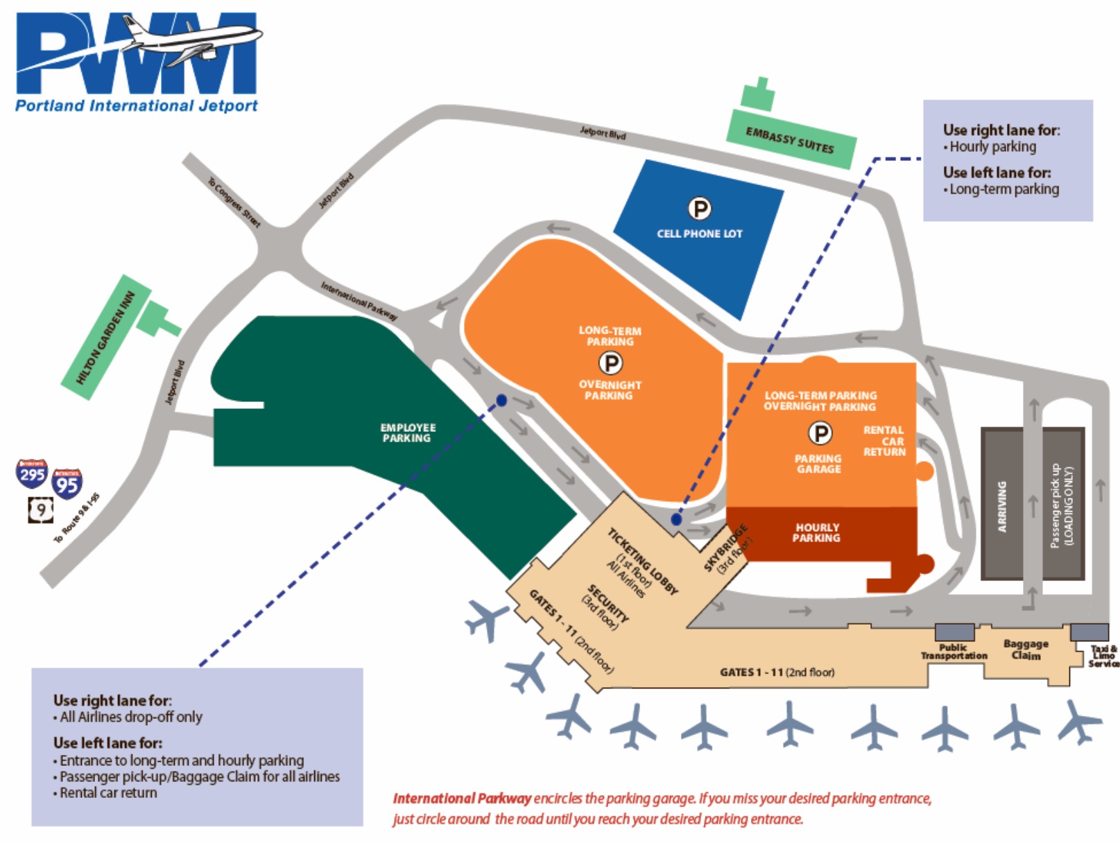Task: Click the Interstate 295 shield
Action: [x=32, y=473]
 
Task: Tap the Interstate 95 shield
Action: [x=67, y=484]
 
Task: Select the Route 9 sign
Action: [x=41, y=510]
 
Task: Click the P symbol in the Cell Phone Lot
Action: [x=700, y=208]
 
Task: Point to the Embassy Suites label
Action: [x=790, y=140]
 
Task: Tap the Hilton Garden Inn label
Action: [x=105, y=337]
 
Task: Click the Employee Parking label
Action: [x=407, y=433]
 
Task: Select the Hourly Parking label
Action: [x=816, y=532]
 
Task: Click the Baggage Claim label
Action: [x=1026, y=649]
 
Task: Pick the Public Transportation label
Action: [x=954, y=651]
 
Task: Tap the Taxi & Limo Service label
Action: [x=1104, y=655]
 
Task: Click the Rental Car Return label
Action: [x=884, y=441]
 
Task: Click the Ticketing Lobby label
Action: [x=643, y=562]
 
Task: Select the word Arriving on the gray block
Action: [x=1002, y=506]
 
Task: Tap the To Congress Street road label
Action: [x=234, y=202]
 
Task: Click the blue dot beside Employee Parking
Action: [x=501, y=400]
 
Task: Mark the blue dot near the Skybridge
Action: [x=676, y=520]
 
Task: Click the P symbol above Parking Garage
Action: [x=820, y=433]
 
